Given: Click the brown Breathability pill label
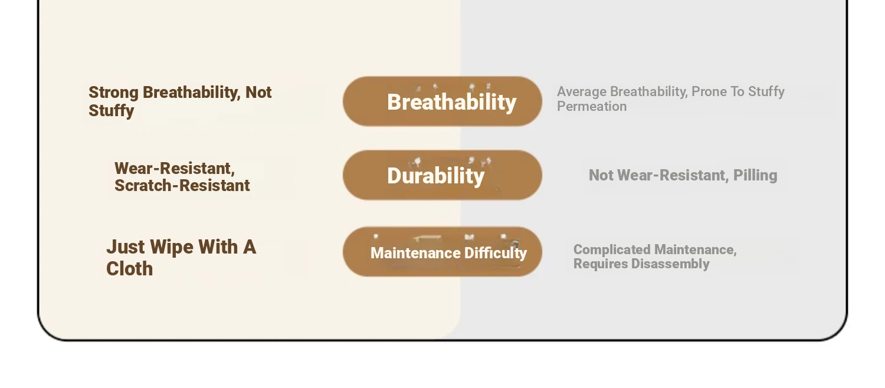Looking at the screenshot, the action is tap(442, 101).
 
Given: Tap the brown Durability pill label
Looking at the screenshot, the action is tap(442, 175).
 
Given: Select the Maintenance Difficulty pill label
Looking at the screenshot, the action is tap(442, 251).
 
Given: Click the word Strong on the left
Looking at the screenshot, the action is tap(113, 93).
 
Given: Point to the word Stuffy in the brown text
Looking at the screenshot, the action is tap(111, 110).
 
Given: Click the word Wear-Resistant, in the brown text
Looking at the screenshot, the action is tap(175, 169).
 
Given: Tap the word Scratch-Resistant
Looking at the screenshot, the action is tap(182, 186).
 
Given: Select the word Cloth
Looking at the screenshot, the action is tap(129, 269).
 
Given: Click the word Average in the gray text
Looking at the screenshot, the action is tap(582, 91).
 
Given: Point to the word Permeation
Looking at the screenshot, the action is tap(592, 107).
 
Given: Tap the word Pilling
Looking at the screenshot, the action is tap(755, 176).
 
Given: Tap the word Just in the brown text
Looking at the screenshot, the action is tap(126, 248).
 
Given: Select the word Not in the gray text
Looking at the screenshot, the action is tap(601, 175).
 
